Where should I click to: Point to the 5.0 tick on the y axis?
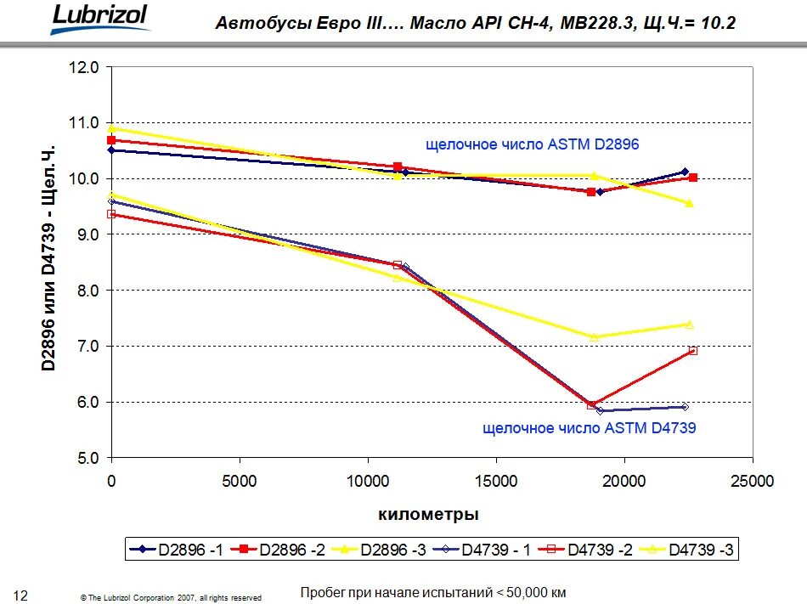(x=87, y=458)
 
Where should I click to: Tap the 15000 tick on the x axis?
(x=496, y=481)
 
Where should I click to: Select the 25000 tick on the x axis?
(x=753, y=481)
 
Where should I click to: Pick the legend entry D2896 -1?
(x=177, y=550)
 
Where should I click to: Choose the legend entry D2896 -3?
(x=378, y=550)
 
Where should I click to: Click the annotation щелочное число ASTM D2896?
(x=532, y=145)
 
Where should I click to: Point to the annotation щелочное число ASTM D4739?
(x=589, y=428)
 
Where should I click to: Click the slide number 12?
(x=21, y=593)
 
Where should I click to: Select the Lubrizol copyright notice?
(x=171, y=597)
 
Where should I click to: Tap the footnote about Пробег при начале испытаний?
(x=433, y=592)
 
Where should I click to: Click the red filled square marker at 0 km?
(x=111, y=140)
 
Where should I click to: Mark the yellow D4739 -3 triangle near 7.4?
(x=690, y=325)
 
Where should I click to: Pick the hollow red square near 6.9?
(x=692, y=350)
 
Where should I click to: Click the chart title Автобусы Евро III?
(x=475, y=22)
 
